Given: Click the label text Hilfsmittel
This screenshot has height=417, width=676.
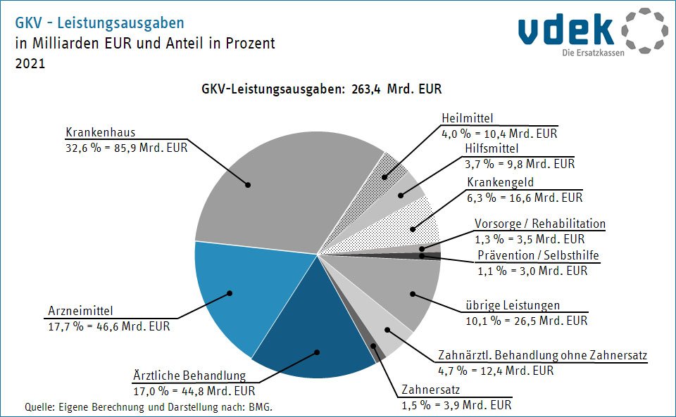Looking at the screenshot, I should [x=492, y=149].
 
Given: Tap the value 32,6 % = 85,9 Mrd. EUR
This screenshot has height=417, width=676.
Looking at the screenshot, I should [x=127, y=148].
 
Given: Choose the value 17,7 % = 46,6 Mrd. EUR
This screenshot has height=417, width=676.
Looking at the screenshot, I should [x=108, y=326].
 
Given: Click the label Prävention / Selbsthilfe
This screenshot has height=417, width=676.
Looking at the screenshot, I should [x=538, y=255].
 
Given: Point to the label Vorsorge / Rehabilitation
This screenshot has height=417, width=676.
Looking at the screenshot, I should [x=539, y=224].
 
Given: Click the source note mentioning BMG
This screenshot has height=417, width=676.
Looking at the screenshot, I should [x=148, y=407].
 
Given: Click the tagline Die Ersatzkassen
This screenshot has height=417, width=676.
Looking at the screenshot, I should [x=594, y=53].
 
